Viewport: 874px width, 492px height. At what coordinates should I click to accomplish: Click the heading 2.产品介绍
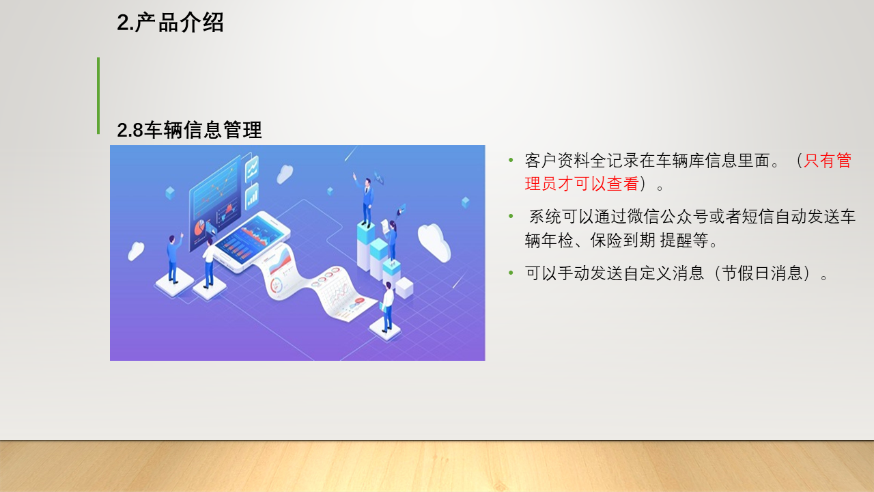(170, 23)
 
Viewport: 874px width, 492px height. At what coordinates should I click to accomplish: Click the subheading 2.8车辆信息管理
(189, 130)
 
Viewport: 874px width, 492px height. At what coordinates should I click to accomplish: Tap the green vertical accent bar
(98, 96)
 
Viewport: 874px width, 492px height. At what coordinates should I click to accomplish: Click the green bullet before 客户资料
(511, 160)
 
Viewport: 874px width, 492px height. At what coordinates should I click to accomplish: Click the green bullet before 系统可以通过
(511, 217)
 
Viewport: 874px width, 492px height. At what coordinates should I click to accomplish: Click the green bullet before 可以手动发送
(511, 273)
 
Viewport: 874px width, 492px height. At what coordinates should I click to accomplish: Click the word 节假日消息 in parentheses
(762, 273)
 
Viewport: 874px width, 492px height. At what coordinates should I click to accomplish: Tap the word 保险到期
(623, 241)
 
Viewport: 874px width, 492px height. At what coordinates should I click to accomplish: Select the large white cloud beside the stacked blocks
(434, 242)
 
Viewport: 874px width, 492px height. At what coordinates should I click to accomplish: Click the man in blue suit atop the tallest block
(365, 200)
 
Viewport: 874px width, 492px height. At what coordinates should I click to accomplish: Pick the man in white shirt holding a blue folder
(387, 307)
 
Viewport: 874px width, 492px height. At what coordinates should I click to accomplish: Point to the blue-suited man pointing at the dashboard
(173, 258)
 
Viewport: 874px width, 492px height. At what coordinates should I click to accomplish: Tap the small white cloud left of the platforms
(136, 251)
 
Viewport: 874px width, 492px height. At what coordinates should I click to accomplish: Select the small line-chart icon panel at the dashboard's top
(252, 169)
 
